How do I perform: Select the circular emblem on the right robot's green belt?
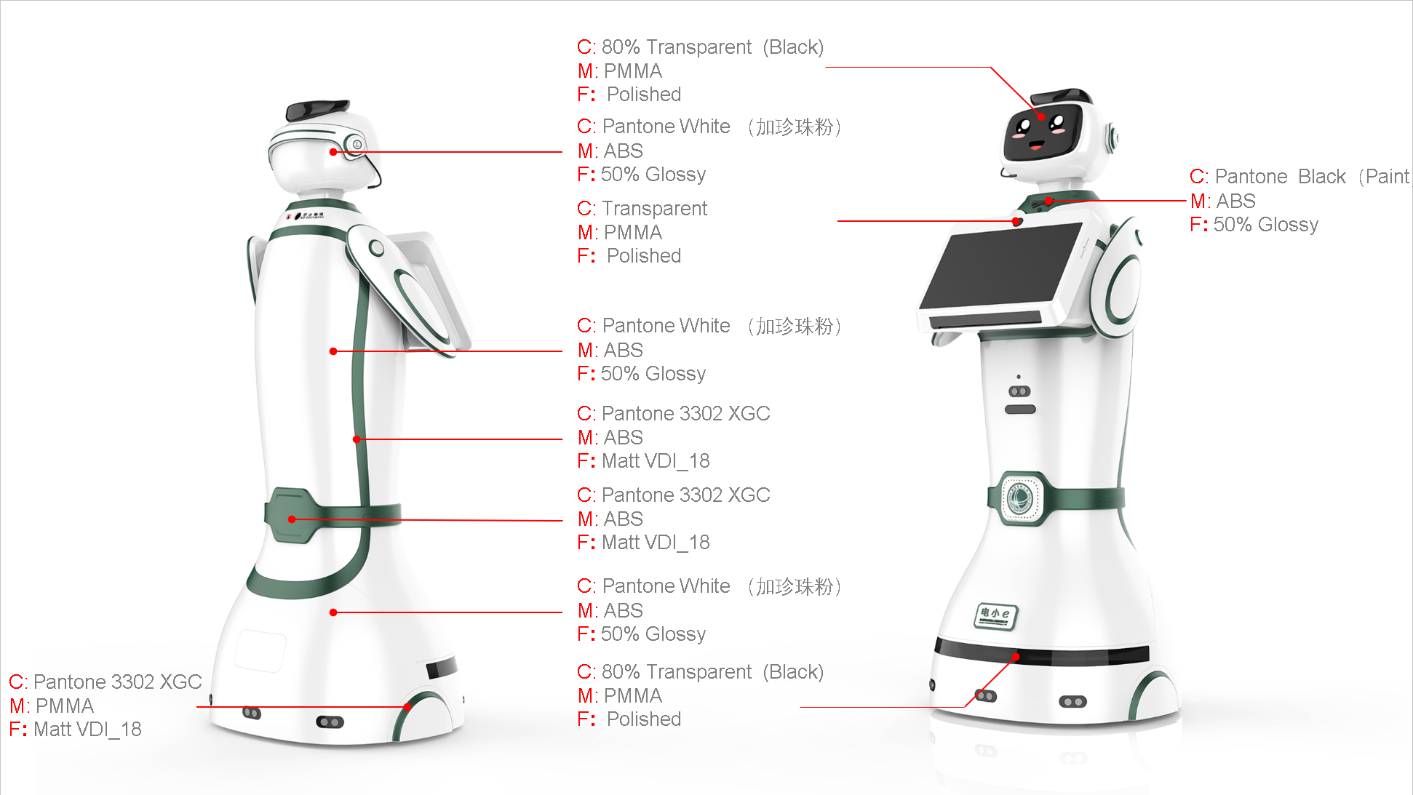click(x=1019, y=498)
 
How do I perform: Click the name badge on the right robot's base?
click(x=996, y=615)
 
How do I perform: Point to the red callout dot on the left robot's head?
click(x=333, y=152)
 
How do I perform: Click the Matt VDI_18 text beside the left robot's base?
click(x=87, y=730)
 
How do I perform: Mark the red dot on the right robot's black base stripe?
click(x=1016, y=657)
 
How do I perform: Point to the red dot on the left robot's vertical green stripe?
click(x=357, y=439)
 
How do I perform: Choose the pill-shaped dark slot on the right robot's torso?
click(x=1020, y=410)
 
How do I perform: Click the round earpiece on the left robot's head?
click(x=357, y=144)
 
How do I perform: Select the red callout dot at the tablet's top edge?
click(x=1016, y=221)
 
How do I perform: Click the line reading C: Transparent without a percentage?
click(x=642, y=209)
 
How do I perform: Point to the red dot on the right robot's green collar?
click(x=1048, y=201)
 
